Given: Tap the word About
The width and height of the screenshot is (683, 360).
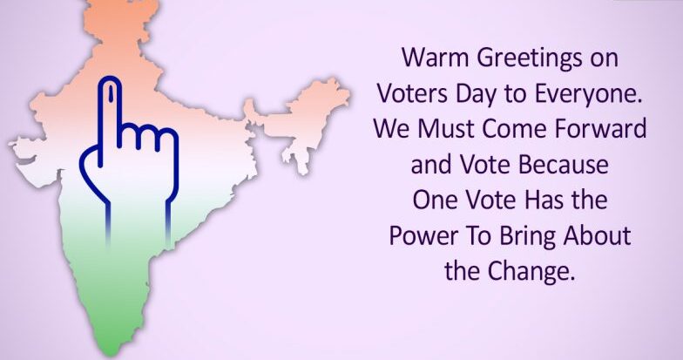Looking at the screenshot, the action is coord(597,235).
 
